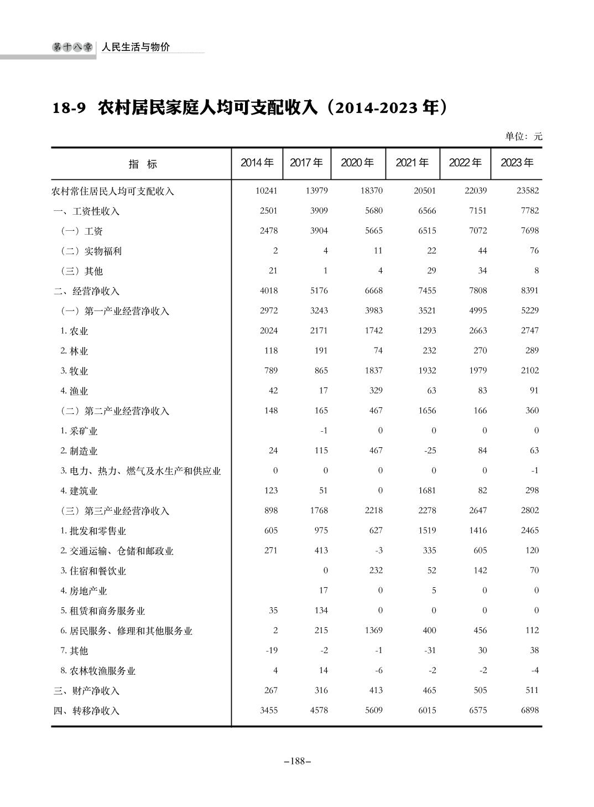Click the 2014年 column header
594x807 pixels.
click(x=257, y=163)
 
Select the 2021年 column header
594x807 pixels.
click(x=412, y=163)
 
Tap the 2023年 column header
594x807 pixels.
click(x=517, y=163)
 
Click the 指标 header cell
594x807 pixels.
click(x=143, y=164)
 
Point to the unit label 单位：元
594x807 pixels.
click(x=523, y=136)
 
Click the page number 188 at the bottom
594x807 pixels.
click(x=297, y=761)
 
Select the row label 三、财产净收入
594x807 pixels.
click(x=86, y=691)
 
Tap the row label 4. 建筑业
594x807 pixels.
click(x=79, y=491)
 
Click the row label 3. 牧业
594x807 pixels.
click(x=75, y=371)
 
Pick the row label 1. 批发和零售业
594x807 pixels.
click(x=93, y=531)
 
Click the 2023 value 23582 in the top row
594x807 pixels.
click(x=527, y=190)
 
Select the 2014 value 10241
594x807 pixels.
click(x=267, y=190)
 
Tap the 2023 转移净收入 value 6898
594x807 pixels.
click(x=529, y=710)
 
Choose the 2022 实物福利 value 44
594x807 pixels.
click(x=482, y=250)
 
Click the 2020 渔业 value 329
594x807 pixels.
click(x=376, y=390)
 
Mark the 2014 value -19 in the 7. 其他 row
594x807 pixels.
click(x=272, y=650)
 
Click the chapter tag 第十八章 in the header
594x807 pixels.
click(x=72, y=48)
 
